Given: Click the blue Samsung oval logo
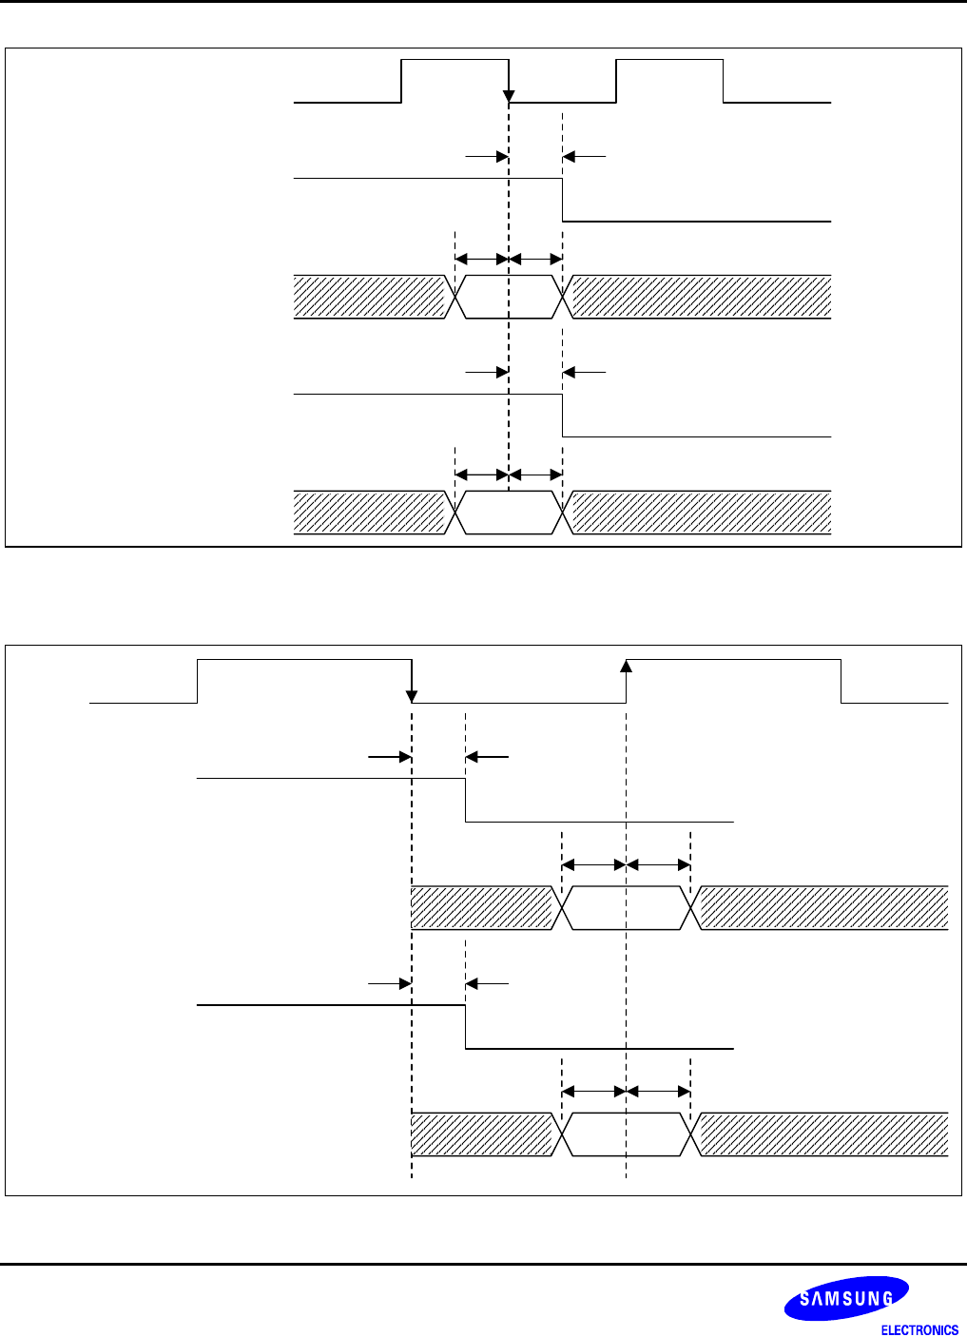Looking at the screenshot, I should [845, 1298].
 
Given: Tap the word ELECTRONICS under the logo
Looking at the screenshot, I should [919, 1329].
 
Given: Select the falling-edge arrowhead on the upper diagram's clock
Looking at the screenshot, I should [509, 96].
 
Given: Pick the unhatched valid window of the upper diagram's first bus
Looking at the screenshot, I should [510, 297].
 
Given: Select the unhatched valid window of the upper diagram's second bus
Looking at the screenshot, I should [510, 513].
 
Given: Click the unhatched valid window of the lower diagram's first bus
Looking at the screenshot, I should [626, 907].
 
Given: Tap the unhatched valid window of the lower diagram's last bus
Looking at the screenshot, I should [626, 1134].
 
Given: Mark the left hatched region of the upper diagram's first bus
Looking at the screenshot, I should [370, 297].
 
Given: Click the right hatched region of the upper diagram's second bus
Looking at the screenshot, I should [701, 513].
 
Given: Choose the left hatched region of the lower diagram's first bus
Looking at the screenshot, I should [481, 907].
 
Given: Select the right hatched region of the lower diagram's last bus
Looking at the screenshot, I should [823, 1134].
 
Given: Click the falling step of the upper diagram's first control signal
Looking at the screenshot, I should [563, 200].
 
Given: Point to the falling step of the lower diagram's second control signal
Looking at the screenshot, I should [465, 1027].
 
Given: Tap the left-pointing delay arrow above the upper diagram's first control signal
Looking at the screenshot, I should [584, 156].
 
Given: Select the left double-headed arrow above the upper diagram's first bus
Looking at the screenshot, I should [482, 259].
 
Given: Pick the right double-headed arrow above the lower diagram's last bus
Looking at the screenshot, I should [658, 1092].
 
